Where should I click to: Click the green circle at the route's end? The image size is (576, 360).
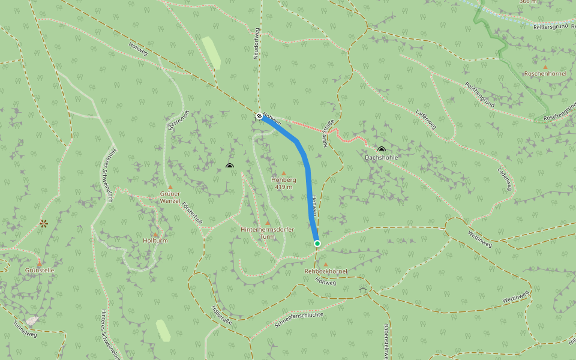pos(317,243)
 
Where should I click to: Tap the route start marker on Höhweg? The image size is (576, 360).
pos(259,116)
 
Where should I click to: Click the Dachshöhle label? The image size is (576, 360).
pos(381,157)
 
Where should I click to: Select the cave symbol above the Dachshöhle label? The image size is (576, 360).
pos(382,149)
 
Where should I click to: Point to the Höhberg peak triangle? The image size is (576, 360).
pos(284,173)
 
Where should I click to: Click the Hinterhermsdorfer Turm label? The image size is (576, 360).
pos(266,233)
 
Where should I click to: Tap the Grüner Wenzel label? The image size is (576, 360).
pos(170,197)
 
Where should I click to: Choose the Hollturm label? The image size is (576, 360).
pos(155,241)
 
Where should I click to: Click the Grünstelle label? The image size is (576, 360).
pos(40,271)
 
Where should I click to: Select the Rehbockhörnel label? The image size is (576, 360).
pos(326,271)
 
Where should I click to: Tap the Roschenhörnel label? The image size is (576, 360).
pos(545,73)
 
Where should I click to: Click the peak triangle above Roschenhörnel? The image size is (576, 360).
pos(545,67)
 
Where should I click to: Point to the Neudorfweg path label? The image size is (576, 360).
pos(256,41)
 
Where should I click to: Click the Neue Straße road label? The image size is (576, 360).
pos(328,134)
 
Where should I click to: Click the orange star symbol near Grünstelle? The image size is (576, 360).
pos(43,223)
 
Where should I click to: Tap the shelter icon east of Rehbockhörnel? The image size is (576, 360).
pos(363,290)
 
